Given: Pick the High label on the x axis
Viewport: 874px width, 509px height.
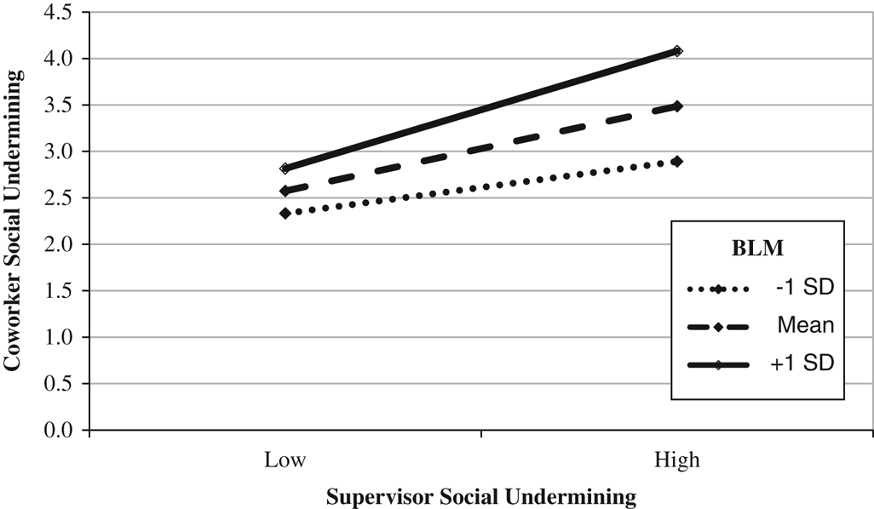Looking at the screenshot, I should pyautogui.click(x=677, y=460).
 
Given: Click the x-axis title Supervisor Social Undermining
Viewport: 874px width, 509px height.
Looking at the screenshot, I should pyautogui.click(x=481, y=496).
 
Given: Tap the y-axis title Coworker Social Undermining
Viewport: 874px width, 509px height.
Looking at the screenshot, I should pyautogui.click(x=13, y=220).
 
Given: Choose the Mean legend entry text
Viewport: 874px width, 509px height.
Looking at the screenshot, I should pyautogui.click(x=804, y=327).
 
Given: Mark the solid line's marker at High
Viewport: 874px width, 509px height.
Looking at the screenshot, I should pyautogui.click(x=677, y=51).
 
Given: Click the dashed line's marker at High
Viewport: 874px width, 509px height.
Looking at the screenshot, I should pyautogui.click(x=677, y=106).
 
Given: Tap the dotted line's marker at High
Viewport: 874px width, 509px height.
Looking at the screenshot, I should pyautogui.click(x=677, y=161).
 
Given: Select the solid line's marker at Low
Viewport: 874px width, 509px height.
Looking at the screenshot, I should pyautogui.click(x=285, y=169).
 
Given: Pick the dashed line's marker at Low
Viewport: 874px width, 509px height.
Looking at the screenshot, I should pyautogui.click(x=285, y=191).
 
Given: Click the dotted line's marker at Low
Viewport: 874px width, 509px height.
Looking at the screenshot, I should pyautogui.click(x=285, y=213).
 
